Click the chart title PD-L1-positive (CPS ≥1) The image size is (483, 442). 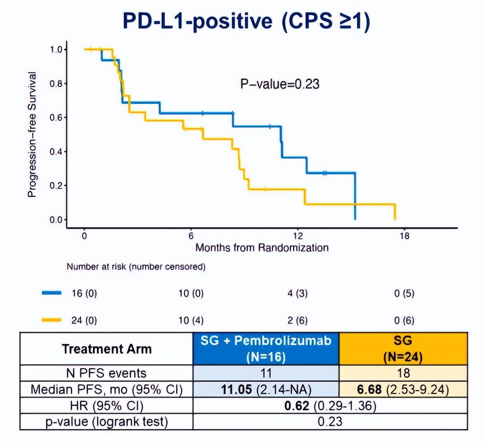tap(246, 21)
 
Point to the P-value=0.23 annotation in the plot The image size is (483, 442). tap(280, 84)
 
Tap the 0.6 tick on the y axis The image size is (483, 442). tap(56, 118)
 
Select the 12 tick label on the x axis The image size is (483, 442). tap(298, 236)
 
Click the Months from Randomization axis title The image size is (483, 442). tap(262, 248)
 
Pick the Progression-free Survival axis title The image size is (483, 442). tap(32, 134)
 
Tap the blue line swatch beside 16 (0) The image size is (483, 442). tap(51, 293)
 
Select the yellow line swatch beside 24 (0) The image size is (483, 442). tap(51, 320)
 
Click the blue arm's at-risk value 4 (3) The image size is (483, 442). tap(297, 293)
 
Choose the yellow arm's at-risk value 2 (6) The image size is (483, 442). tap(297, 320)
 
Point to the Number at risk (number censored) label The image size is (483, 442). tap(136, 267)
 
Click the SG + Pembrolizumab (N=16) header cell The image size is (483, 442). tap(266, 348)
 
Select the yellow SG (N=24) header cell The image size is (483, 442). tap(403, 348)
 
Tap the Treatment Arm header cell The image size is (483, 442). tap(107, 349)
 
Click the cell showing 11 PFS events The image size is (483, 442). tap(266, 373)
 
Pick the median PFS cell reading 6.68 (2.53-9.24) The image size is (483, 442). tap(403, 389)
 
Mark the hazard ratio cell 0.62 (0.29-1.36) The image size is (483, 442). tap(330, 406)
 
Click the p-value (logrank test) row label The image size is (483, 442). tap(107, 422)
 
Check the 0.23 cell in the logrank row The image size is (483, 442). tap(330, 422)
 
